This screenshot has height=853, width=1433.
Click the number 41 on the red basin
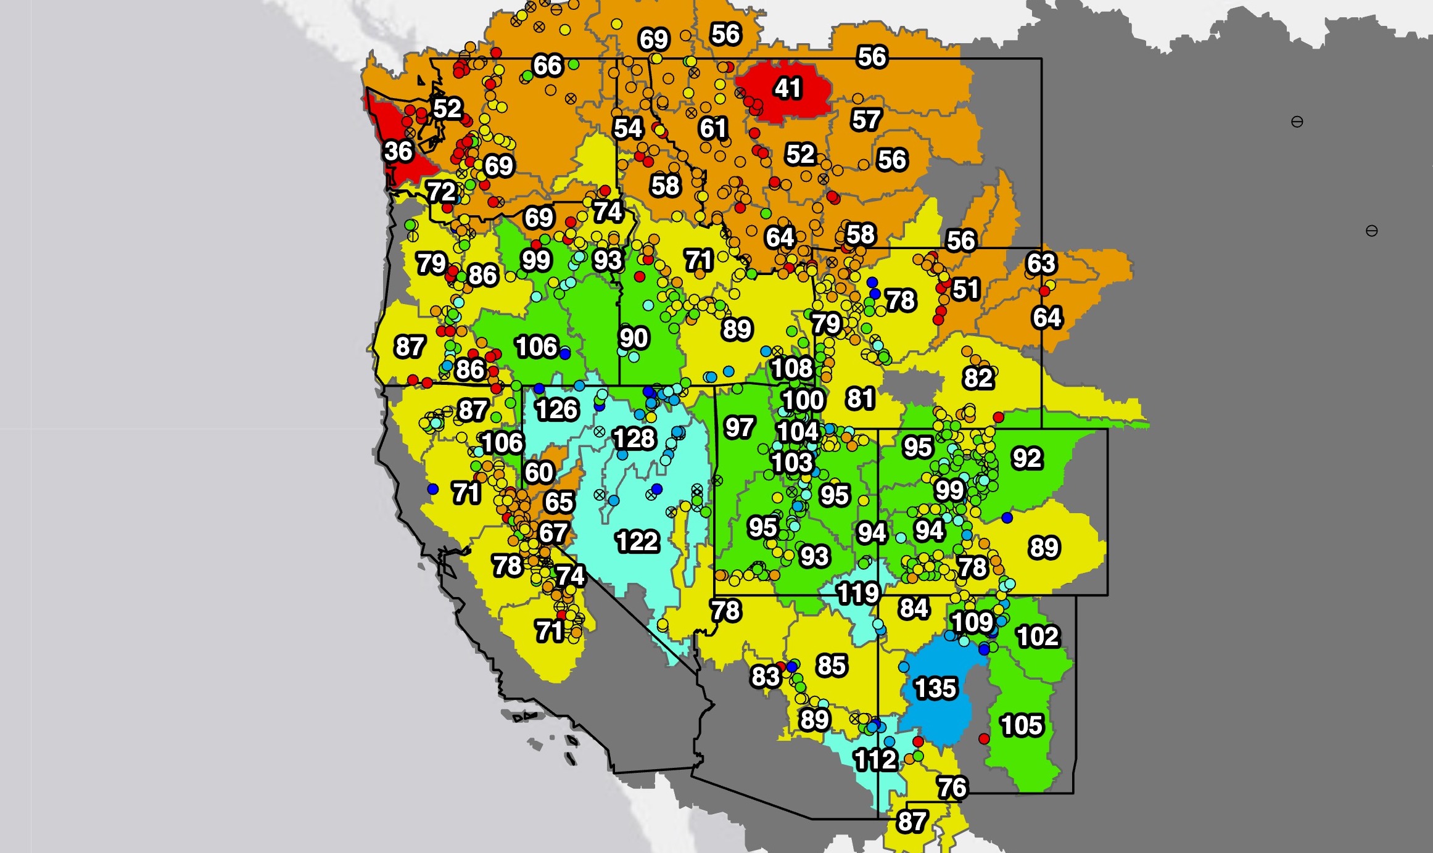[788, 88]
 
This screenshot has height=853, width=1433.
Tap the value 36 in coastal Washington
[398, 151]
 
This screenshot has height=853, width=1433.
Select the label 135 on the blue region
[935, 688]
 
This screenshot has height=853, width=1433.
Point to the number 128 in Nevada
[634, 439]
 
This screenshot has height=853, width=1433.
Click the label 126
[556, 410]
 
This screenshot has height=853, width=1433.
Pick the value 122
[637, 542]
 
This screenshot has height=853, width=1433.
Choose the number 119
[857, 593]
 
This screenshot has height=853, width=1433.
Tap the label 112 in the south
[875, 759]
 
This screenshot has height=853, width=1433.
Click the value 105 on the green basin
[1022, 725]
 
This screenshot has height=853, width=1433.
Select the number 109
[972, 622]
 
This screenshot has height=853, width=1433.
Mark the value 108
[791, 368]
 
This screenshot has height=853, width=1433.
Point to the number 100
[803, 400]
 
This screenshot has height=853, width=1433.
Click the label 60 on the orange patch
[539, 472]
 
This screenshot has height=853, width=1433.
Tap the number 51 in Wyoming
[965, 289]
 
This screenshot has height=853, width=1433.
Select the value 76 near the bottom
[952, 787]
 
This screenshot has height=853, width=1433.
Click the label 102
[1038, 636]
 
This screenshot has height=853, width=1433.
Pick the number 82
[978, 378]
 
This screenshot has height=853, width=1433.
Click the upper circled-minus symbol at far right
[1297, 122]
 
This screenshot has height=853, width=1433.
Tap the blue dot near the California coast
[432, 489]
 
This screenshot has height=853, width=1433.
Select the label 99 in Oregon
[535, 260]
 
